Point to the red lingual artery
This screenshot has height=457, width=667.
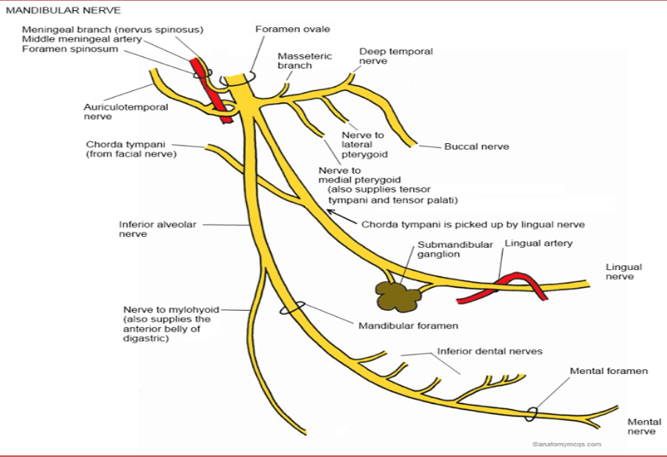[501, 287]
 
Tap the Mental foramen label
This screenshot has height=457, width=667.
[608, 370]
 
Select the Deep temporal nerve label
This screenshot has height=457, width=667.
[395, 56]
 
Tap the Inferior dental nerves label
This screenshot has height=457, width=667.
[489, 351]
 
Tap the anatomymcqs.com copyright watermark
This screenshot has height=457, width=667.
[566, 444]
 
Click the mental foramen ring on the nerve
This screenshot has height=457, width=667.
[532, 411]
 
